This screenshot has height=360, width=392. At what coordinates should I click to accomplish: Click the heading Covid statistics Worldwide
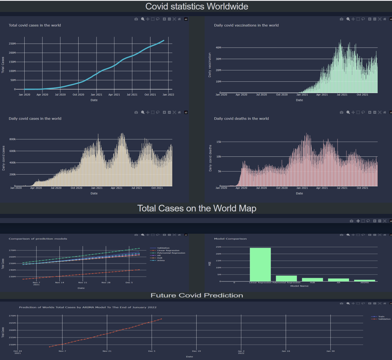(x=197, y=6)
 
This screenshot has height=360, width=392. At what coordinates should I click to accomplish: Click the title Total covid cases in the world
(x=35, y=25)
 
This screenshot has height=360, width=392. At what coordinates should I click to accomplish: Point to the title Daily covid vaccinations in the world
(x=246, y=25)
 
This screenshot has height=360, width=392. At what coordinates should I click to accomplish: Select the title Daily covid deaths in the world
(x=241, y=119)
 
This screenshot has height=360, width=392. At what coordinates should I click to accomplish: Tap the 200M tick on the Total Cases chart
(x=12, y=53)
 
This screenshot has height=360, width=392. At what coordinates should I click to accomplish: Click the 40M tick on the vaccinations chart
(x=218, y=48)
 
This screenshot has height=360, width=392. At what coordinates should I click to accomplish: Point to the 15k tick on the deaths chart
(x=219, y=142)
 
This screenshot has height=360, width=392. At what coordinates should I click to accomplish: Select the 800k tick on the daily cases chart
(x=12, y=139)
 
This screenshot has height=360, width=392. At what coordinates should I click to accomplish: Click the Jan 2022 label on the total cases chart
(x=168, y=95)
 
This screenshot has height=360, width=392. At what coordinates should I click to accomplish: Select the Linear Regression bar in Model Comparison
(x=260, y=265)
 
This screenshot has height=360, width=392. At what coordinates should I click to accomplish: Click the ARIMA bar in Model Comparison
(x=365, y=281)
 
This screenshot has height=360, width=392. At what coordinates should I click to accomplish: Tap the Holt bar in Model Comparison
(x=312, y=280)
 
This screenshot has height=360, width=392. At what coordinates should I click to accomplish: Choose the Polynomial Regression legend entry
(x=171, y=253)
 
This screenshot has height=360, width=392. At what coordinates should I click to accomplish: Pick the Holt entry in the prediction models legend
(x=159, y=258)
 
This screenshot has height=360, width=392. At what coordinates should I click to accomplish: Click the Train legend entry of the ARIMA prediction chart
(x=381, y=316)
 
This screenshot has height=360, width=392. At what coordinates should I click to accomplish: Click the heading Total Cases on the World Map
(x=197, y=208)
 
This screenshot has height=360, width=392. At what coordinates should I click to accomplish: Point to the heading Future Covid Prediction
(x=197, y=295)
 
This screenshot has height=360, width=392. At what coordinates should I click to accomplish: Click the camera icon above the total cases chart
(x=136, y=19)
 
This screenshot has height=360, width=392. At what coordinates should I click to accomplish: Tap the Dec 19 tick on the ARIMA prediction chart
(x=196, y=351)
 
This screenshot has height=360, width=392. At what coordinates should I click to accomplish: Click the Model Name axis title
(x=299, y=286)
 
